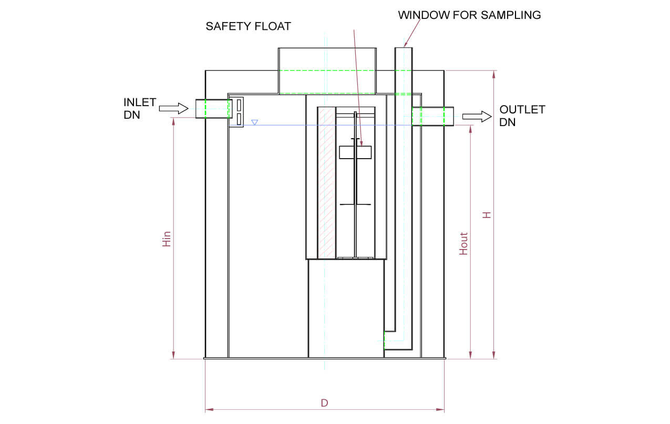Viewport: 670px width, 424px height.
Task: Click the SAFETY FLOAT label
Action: click(x=248, y=26)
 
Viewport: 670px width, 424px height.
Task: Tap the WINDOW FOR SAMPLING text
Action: click(x=469, y=15)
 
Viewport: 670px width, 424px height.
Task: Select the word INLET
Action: click(x=140, y=102)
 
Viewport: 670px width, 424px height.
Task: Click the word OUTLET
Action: click(x=522, y=110)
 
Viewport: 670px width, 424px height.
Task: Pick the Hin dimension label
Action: click(x=167, y=239)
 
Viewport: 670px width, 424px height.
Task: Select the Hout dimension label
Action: click(x=463, y=244)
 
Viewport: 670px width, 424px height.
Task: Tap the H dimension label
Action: click(x=487, y=215)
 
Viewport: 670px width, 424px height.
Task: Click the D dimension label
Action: click(x=324, y=403)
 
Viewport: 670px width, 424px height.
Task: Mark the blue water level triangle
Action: click(x=254, y=122)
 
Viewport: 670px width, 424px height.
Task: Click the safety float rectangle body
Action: click(x=356, y=152)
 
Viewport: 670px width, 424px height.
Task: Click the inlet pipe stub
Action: click(x=212, y=109)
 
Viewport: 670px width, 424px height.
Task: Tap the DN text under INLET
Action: click(x=132, y=115)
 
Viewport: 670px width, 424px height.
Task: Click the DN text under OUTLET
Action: click(x=508, y=122)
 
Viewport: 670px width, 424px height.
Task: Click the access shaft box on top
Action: click(x=327, y=70)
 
